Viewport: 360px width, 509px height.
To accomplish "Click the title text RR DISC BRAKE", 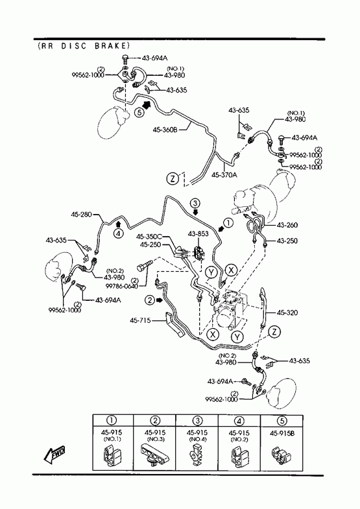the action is pyautogui.click(x=84, y=46).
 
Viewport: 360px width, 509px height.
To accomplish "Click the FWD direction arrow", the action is pyautogui.click(x=54, y=455).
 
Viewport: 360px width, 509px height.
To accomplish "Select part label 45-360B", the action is pyautogui.click(x=165, y=130).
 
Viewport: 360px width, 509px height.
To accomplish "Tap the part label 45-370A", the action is pyautogui.click(x=224, y=175).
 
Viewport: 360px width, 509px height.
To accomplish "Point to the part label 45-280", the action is pyautogui.click(x=82, y=215).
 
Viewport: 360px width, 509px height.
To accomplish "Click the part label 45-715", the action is pyautogui.click(x=140, y=320).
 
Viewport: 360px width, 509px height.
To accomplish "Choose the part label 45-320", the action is pyautogui.click(x=287, y=313).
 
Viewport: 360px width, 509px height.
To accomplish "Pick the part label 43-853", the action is pyautogui.click(x=198, y=233).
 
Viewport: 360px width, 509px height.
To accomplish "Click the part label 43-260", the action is pyautogui.click(x=287, y=225).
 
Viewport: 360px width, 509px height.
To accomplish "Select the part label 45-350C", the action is pyautogui.click(x=149, y=237).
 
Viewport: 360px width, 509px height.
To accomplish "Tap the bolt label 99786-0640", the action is pyautogui.click(x=122, y=286).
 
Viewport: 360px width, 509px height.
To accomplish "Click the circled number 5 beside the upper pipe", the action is pyautogui.click(x=139, y=112).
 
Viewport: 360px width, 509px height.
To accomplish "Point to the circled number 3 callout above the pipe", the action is pyautogui.click(x=195, y=204).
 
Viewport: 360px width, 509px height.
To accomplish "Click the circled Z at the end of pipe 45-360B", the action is pyautogui.click(x=173, y=178).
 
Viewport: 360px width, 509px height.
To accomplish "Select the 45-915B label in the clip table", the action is pyautogui.click(x=282, y=433).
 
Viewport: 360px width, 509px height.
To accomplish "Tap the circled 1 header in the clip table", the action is pyautogui.click(x=112, y=420).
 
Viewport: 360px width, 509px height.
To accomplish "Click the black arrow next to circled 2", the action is pyautogui.click(x=159, y=300).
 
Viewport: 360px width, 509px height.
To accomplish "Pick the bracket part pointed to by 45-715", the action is pyautogui.click(x=174, y=325).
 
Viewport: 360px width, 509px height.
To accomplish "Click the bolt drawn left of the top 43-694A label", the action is pyautogui.click(x=125, y=59).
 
